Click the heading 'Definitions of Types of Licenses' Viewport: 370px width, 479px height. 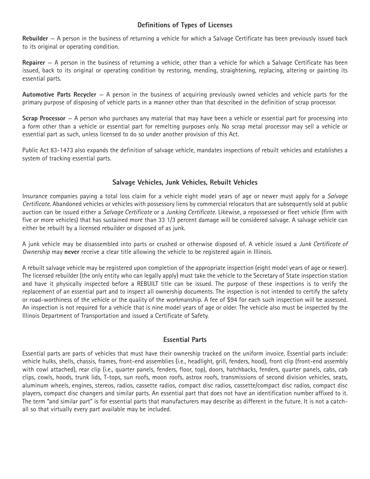tap(185, 25)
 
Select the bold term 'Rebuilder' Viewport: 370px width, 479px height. tap(35, 39)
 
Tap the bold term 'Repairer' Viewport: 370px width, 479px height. tap(33, 62)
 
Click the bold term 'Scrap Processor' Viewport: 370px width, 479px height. tap(44, 118)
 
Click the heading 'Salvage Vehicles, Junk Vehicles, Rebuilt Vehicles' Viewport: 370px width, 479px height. tap(185, 182)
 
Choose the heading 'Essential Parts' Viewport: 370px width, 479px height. tap(185, 340)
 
